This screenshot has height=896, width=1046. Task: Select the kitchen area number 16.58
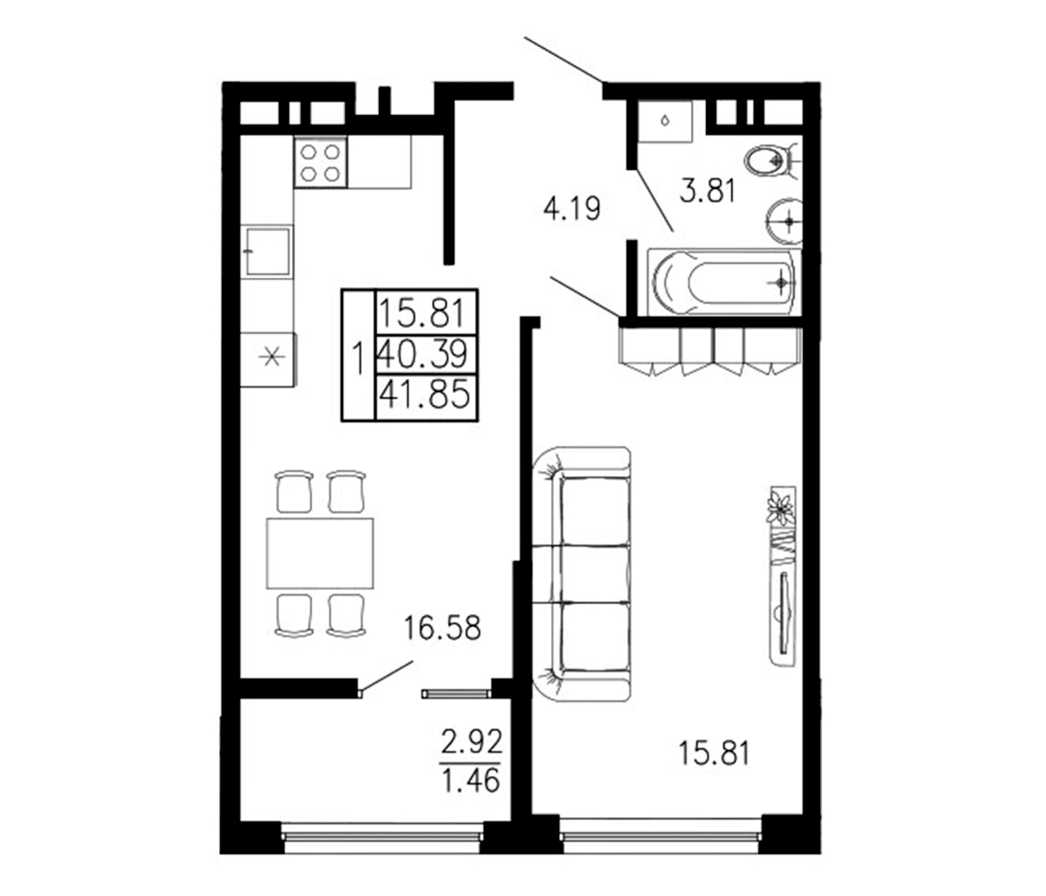coord(442,628)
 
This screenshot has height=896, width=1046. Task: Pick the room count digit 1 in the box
coord(359,358)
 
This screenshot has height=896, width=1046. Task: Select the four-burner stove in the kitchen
coord(320,162)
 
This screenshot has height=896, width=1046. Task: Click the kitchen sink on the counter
coord(267,250)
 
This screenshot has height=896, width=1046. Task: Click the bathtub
coord(723,282)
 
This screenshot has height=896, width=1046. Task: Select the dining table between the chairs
coord(320,553)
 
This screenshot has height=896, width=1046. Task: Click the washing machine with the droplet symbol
coord(664,121)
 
